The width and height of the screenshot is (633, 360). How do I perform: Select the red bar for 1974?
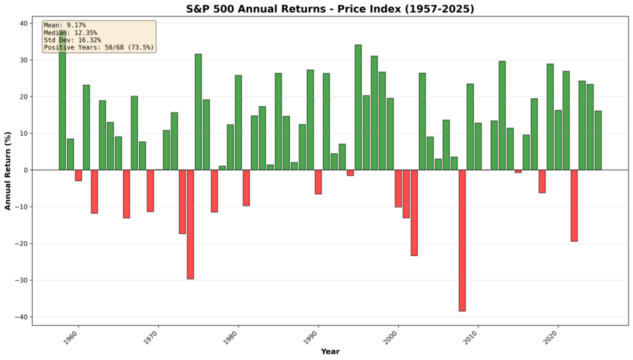click(x=190, y=224)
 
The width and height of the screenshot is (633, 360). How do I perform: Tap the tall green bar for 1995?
click(x=358, y=107)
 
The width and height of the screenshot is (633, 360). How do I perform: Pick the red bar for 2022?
click(x=574, y=205)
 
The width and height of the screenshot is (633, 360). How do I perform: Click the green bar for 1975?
click(x=198, y=112)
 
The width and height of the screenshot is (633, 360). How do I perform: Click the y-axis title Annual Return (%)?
click(x=8, y=170)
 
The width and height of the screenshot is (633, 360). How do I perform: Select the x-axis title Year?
click(x=330, y=352)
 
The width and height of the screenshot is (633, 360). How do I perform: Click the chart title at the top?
click(x=330, y=8)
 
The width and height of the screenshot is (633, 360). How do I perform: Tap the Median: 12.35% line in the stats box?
click(x=71, y=33)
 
